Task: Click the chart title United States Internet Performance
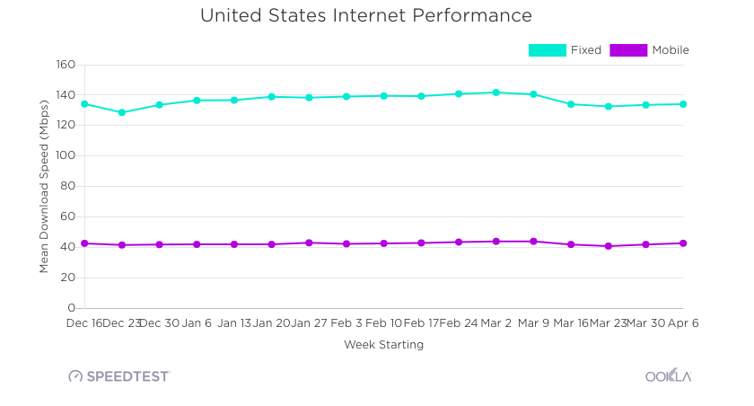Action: pos(365,16)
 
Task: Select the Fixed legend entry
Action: pos(565,50)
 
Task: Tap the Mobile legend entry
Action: pos(650,50)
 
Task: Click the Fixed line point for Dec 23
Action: pos(122,113)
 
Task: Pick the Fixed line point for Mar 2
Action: pos(495,93)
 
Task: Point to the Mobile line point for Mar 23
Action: pos(608,246)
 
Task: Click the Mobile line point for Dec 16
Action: pos(84,243)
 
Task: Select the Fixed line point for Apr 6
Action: pos(683,104)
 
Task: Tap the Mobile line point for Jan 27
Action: pos(309,243)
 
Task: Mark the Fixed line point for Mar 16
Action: pos(570,104)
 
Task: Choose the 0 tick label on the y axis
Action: pos(71,308)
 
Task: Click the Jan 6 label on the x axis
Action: pos(197,322)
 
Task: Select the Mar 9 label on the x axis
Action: pos(533,322)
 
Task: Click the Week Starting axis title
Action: pos(383,345)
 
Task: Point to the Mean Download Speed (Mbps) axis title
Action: pos(44,186)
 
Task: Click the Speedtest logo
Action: pos(119,376)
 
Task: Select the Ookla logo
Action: pos(668,376)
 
